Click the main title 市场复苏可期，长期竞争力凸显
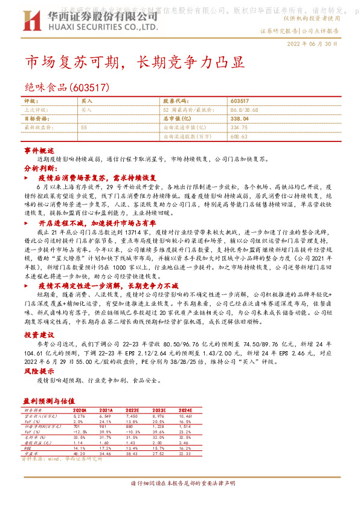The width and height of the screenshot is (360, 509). tap(134, 63)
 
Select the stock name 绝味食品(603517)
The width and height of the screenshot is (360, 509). tap(66, 87)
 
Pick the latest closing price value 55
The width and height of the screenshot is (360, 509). tap(83, 128)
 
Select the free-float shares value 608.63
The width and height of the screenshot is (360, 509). tap(239, 137)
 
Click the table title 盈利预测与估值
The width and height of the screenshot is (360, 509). tap(49, 400)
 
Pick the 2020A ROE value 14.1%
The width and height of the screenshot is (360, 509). tap(79, 447)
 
